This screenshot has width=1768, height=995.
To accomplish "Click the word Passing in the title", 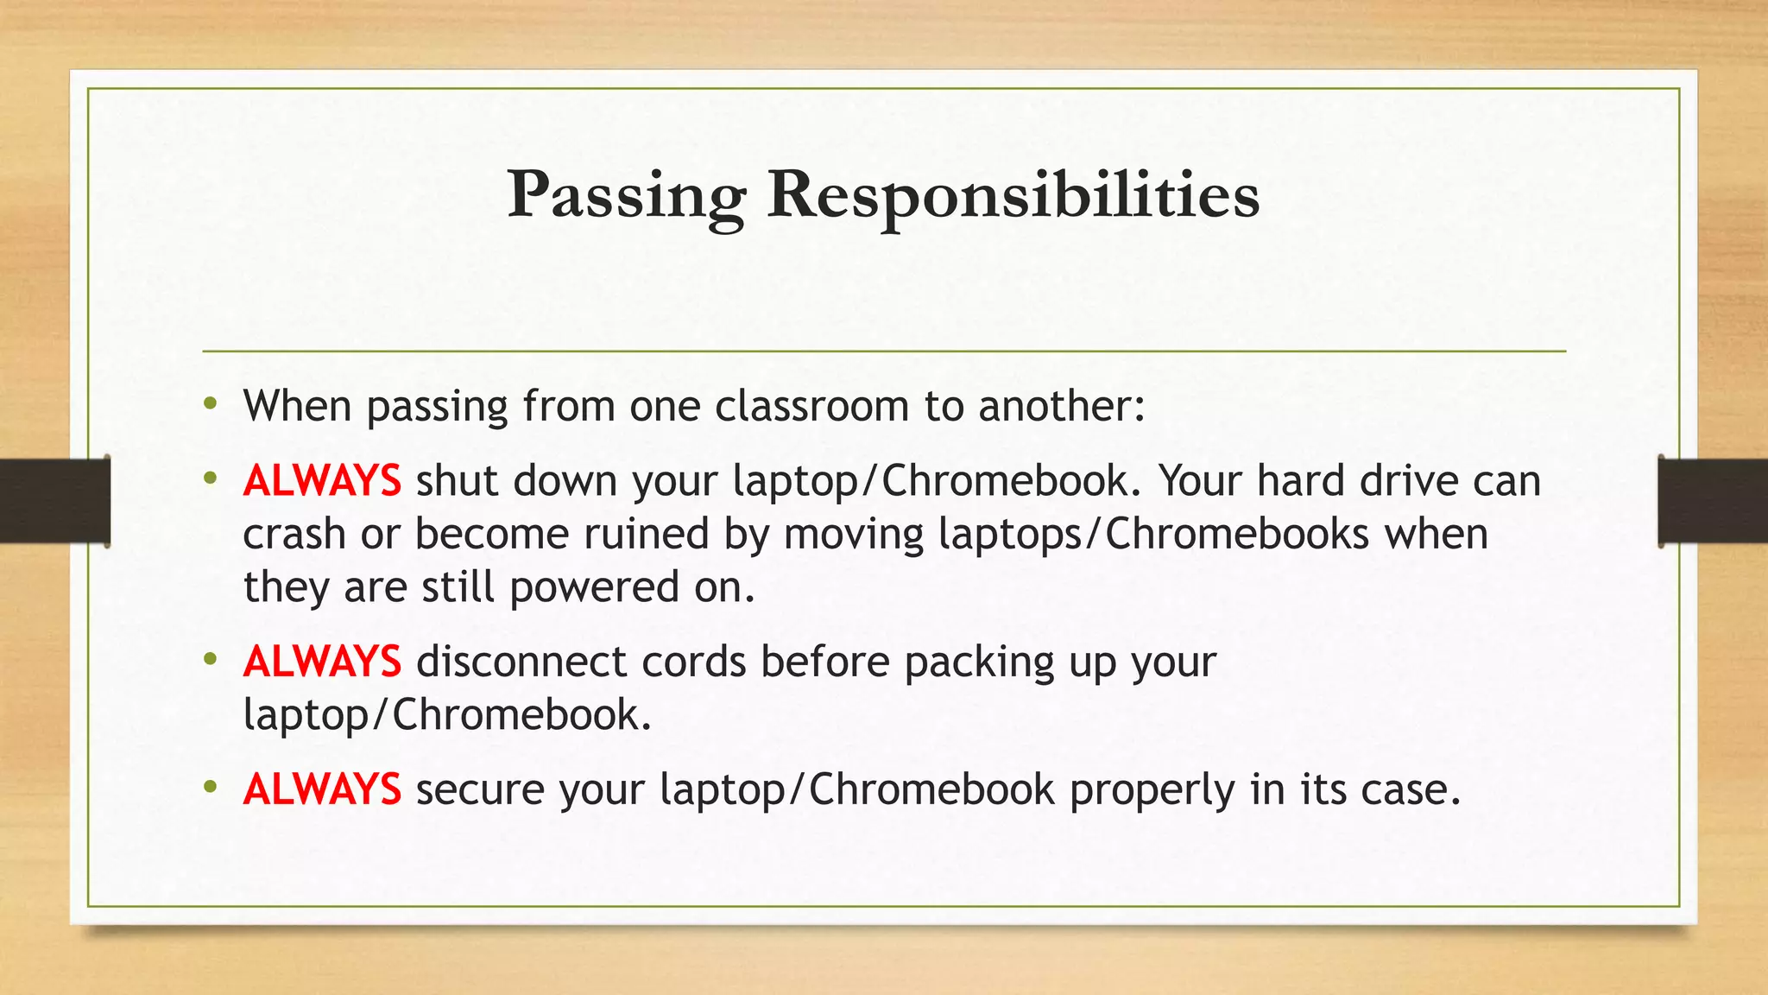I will (627, 196).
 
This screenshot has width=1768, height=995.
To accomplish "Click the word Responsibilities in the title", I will (1013, 196).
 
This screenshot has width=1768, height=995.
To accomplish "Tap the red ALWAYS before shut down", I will (322, 481).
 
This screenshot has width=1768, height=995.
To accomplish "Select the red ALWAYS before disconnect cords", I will (322, 662).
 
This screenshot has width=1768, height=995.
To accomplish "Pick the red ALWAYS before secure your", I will (322, 789).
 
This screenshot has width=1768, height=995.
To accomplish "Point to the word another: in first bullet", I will (1062, 406).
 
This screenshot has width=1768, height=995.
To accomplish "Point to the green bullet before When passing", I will (211, 403).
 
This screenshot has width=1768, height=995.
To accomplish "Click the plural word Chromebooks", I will (1237, 535).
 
